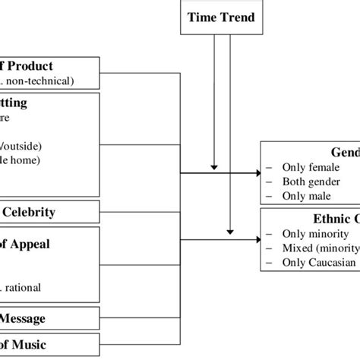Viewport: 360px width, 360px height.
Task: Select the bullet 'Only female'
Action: pyautogui.click(x=310, y=167)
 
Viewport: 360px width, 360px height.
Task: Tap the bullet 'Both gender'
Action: pyautogui.click(x=311, y=182)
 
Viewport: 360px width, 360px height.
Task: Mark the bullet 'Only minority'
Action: pyautogui.click(x=314, y=234)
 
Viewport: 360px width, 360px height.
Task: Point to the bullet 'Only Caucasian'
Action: pyautogui.click(x=318, y=262)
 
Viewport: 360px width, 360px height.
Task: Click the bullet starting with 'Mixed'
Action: pyautogui.click(x=319, y=248)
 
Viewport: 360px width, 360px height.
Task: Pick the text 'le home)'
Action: pyautogui.click(x=20, y=159)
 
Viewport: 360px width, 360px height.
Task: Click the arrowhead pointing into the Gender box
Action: pyautogui.click(x=256, y=174)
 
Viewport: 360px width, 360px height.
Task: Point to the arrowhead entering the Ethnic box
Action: pyautogui.click(x=256, y=240)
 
